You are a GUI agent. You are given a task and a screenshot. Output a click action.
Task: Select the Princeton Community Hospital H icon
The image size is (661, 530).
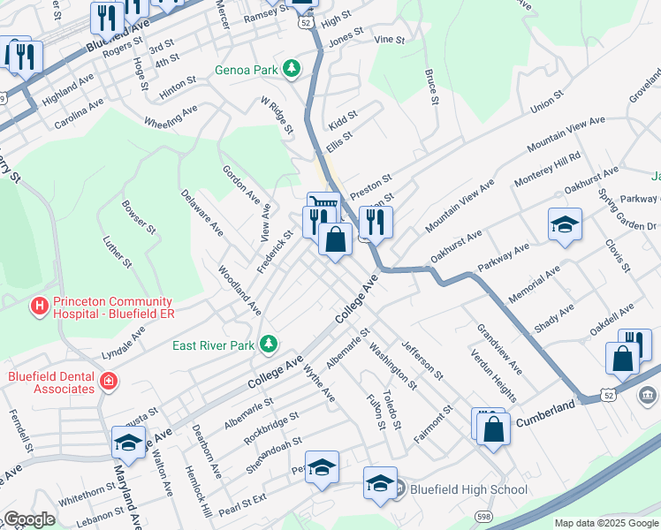coord(39,306)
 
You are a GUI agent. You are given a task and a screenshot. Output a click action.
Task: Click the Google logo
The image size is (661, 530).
coord(29,519)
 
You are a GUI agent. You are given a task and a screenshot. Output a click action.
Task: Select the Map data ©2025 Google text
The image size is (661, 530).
coord(606,523)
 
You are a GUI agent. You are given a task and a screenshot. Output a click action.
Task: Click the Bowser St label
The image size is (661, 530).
coord(140,217)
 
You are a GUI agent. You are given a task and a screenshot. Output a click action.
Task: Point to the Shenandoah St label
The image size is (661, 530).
coord(274,452)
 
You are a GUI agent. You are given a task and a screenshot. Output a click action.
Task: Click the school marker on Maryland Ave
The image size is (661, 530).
coord(129,442)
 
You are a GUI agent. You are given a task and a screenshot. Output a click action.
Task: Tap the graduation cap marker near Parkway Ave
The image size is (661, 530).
coord(565,224)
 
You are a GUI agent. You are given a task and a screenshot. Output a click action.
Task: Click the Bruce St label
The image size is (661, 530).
coord(431,87)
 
